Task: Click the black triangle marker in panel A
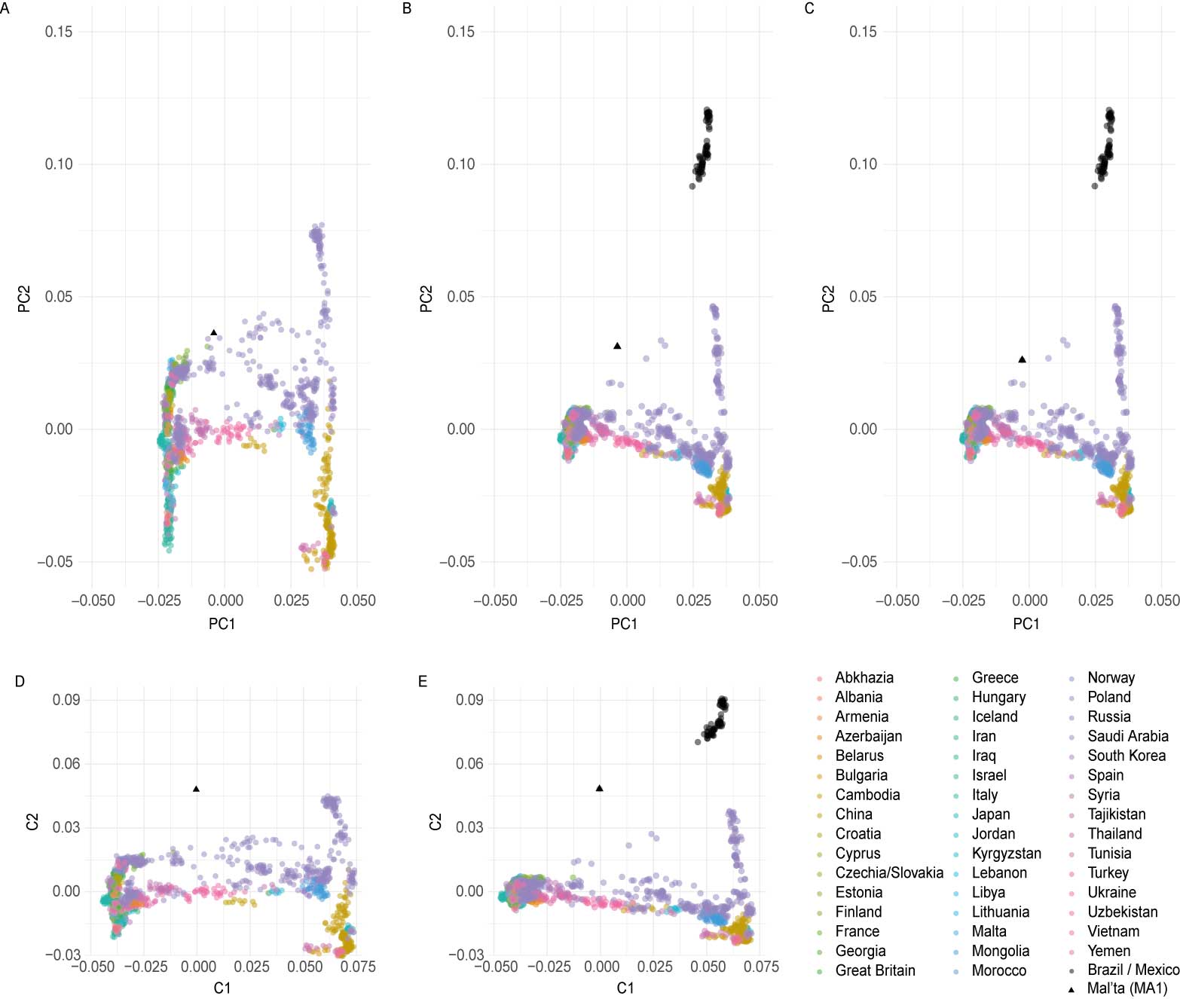click(213, 332)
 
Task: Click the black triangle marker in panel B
click(617, 346)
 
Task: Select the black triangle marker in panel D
click(196, 789)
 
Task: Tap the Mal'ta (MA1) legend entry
click(1127, 988)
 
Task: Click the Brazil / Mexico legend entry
click(1133, 970)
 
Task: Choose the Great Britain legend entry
click(875, 970)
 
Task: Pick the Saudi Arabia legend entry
click(1127, 736)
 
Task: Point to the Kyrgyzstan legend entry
click(1006, 854)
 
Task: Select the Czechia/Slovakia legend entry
click(888, 873)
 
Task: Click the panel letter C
click(809, 9)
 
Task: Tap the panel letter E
click(422, 682)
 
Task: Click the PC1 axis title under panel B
click(624, 624)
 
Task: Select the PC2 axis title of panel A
click(24, 298)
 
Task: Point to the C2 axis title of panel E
click(435, 821)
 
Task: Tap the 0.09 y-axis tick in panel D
click(66, 700)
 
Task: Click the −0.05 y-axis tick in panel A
click(55, 562)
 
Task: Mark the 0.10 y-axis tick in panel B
click(460, 164)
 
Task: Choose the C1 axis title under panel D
click(222, 988)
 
